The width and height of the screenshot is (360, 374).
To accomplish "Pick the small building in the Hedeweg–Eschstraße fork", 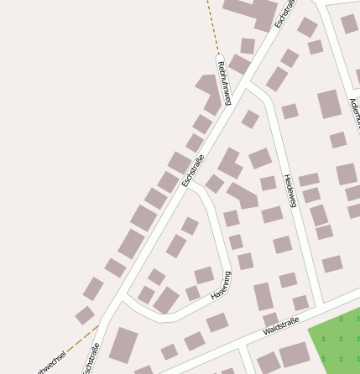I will [249, 118].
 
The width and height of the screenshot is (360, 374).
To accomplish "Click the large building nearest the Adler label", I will [329, 104].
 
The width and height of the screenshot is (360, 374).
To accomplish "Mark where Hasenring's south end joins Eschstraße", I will [123, 300].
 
